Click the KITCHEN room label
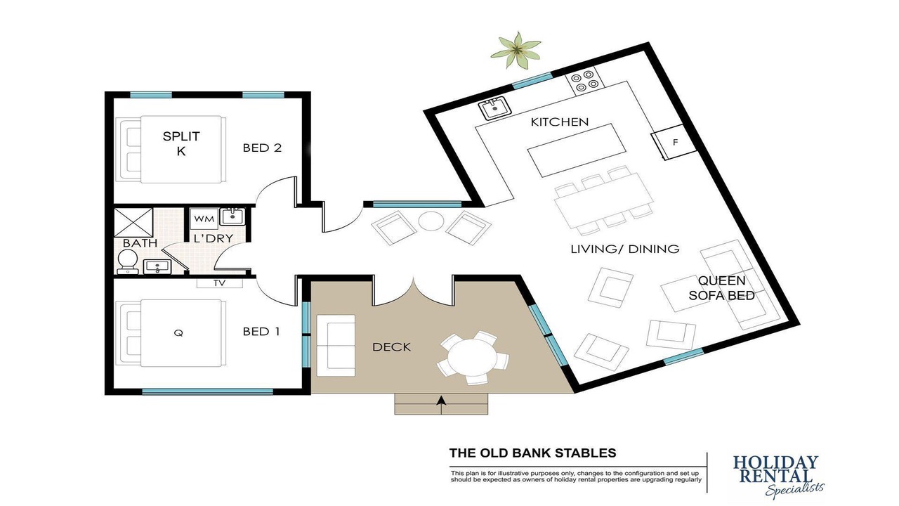pos(560,122)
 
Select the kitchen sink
pos(494,108)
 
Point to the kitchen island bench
pos(577,150)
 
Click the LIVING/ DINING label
pos(625,249)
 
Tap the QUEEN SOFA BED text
pos(721,288)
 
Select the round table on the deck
pos(473,358)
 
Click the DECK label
pos(391,347)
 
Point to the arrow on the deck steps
pos(442,405)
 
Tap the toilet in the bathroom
pos(128,261)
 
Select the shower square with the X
pos(133,222)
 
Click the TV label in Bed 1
pos(220,283)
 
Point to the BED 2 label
pos(262,148)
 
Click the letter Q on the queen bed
pos(178,332)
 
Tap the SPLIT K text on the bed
pos(181,143)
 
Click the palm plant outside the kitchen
pos(516,50)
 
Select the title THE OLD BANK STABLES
pos(532,453)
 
